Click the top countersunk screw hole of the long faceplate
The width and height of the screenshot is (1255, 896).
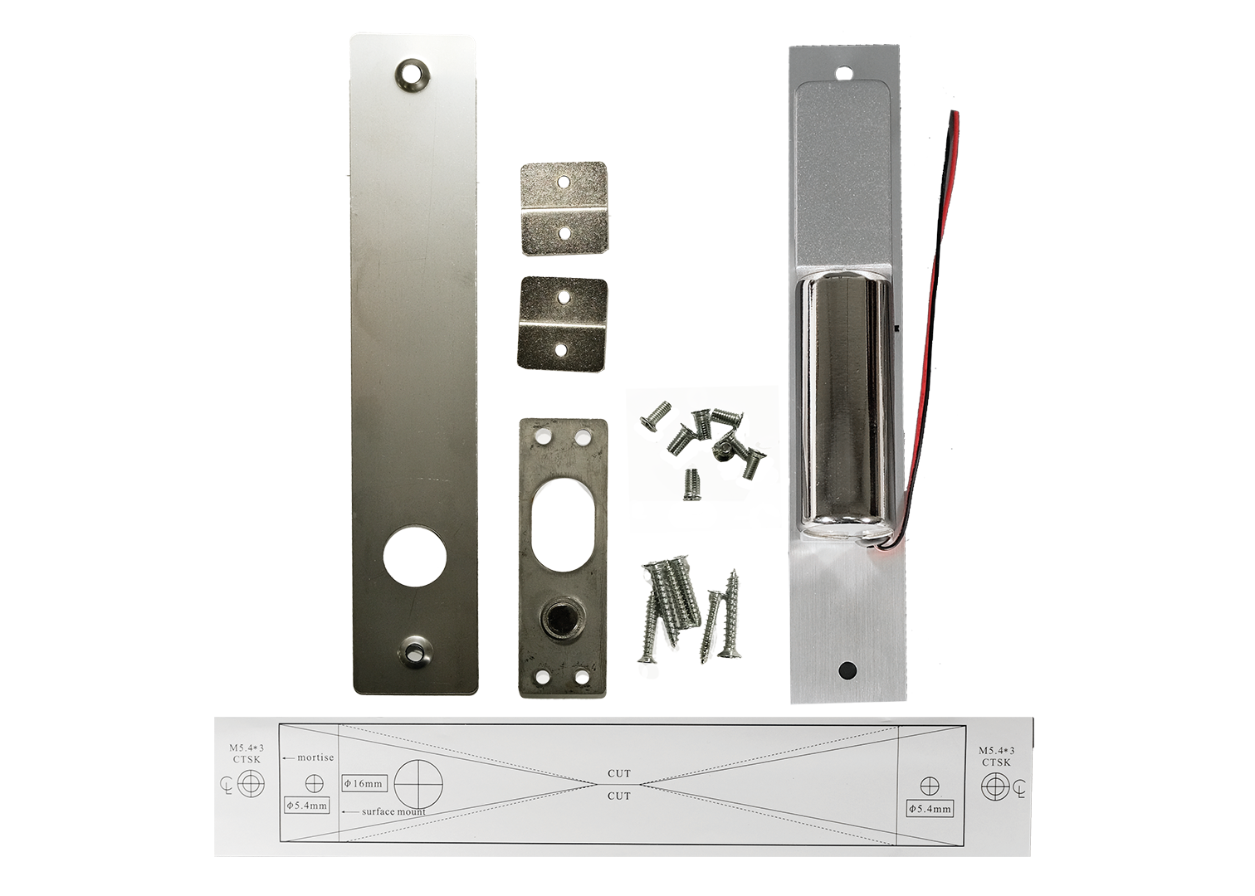tap(413, 74)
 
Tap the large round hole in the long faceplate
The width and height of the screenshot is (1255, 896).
tap(415, 556)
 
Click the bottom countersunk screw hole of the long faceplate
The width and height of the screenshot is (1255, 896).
tap(415, 651)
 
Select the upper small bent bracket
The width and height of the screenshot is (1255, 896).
tap(564, 208)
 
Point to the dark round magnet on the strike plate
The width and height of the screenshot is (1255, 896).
tap(559, 620)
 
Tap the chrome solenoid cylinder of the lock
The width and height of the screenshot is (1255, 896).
tap(843, 406)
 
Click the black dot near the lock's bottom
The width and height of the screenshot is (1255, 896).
tap(847, 670)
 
